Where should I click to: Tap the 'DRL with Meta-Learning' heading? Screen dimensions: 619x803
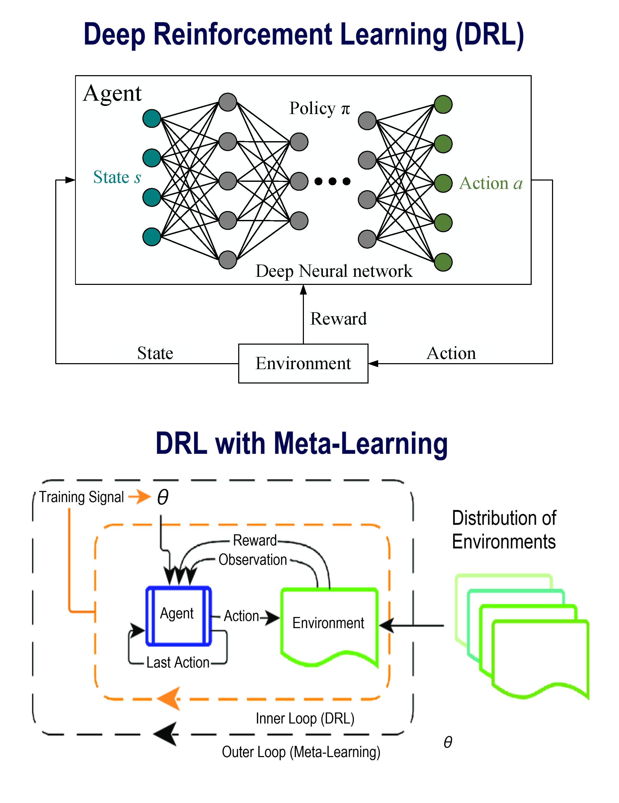301,444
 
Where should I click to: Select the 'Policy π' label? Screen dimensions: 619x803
319,109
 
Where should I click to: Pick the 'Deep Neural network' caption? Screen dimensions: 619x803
334,271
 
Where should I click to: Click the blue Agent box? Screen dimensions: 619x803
179,616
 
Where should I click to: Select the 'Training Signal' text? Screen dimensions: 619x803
82,497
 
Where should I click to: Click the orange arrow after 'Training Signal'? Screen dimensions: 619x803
140,497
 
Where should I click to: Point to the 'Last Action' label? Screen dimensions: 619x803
178,663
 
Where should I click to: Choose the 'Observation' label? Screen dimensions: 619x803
253,560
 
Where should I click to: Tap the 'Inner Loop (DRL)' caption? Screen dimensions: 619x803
305,718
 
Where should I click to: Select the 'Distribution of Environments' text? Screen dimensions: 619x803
504,530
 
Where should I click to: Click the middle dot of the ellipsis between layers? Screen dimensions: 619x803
333,181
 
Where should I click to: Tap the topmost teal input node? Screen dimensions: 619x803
152,118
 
